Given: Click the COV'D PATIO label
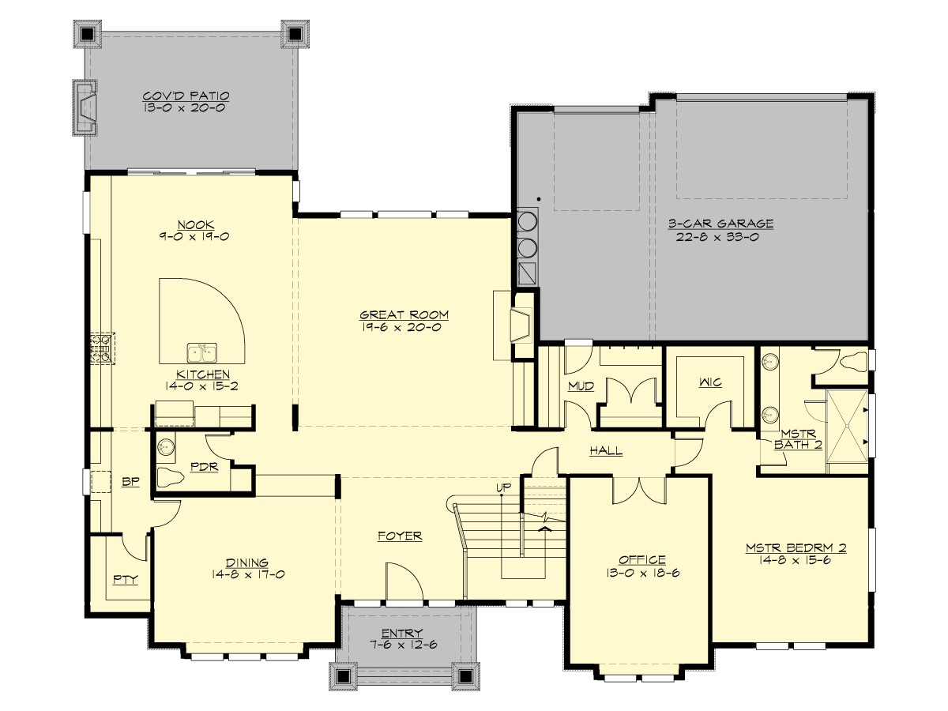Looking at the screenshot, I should [186, 96].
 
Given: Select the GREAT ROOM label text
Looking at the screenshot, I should [400, 315].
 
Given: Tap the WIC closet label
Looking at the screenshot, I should [710, 383].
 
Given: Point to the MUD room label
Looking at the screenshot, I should [581, 386].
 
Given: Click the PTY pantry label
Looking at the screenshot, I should [124, 579].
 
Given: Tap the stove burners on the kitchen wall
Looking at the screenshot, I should [102, 348].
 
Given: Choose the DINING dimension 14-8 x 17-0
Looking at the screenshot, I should [248, 574].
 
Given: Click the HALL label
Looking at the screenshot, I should [606, 451].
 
